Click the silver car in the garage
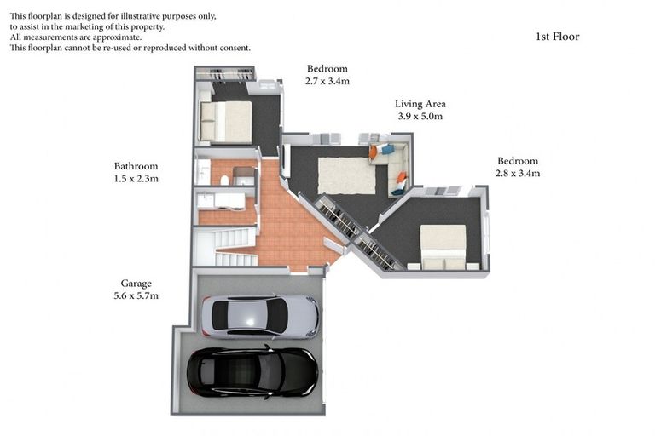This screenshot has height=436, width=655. pyautogui.click(x=259, y=316)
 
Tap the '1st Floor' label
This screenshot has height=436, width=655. pyautogui.click(x=557, y=37)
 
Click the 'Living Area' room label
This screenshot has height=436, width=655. pyautogui.click(x=420, y=104)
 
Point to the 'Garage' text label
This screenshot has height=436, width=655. pyautogui.click(x=136, y=284)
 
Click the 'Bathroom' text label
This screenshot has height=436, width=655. pyautogui.click(x=136, y=166)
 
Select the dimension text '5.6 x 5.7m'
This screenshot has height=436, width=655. pyautogui.click(x=136, y=296)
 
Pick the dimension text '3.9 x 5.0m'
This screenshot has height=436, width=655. pyautogui.click(x=420, y=117)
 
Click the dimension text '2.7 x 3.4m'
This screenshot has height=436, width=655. pyautogui.click(x=327, y=82)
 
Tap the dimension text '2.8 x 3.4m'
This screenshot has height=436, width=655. pyautogui.click(x=518, y=173)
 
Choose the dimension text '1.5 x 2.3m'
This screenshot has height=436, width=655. pyautogui.click(x=136, y=179)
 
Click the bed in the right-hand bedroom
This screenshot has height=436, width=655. pyautogui.click(x=443, y=246)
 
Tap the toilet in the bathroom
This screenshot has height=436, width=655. pyautogui.click(x=223, y=180)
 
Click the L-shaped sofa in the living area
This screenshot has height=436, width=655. pyautogui.click(x=394, y=167)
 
